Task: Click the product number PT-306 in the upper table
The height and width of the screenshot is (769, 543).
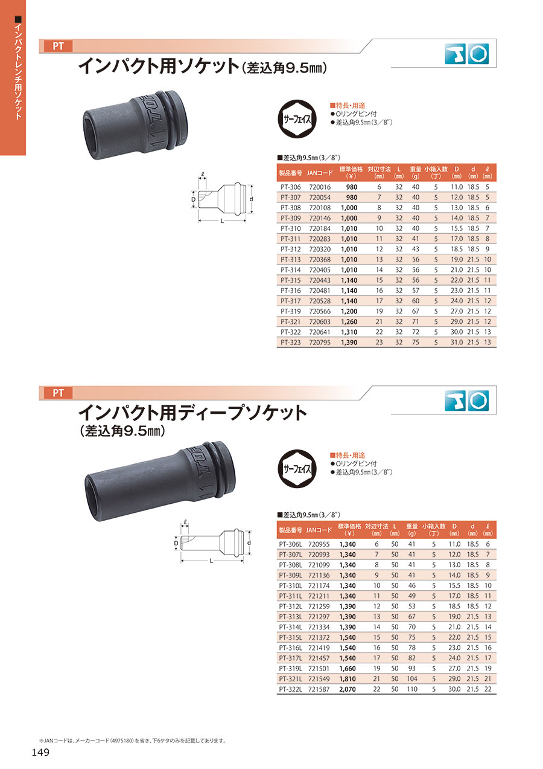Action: click(x=290, y=187)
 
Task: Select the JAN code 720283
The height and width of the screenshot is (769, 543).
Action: click(x=320, y=239)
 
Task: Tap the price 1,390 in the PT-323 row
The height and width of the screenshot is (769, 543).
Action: click(x=349, y=343)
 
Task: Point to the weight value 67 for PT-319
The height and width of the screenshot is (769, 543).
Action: click(x=416, y=311)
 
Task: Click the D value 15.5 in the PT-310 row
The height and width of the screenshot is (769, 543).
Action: click(x=457, y=228)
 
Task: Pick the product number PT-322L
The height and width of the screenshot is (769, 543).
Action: click(x=291, y=689)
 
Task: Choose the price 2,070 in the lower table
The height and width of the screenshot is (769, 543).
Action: click(x=348, y=689)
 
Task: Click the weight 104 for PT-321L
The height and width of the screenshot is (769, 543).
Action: click(x=412, y=679)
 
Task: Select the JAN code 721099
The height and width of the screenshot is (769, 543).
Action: click(x=319, y=565)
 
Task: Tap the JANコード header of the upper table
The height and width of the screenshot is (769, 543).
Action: click(x=320, y=173)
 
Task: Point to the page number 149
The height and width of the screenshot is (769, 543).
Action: click(x=40, y=753)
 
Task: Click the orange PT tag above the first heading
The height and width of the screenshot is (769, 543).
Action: click(x=58, y=46)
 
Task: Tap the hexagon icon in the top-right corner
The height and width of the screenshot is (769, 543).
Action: click(x=478, y=54)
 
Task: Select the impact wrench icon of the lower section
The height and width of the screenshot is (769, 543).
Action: click(x=456, y=401)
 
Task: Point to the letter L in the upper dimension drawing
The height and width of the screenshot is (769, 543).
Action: click(x=222, y=221)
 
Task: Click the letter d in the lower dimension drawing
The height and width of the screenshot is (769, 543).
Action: click(x=249, y=542)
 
